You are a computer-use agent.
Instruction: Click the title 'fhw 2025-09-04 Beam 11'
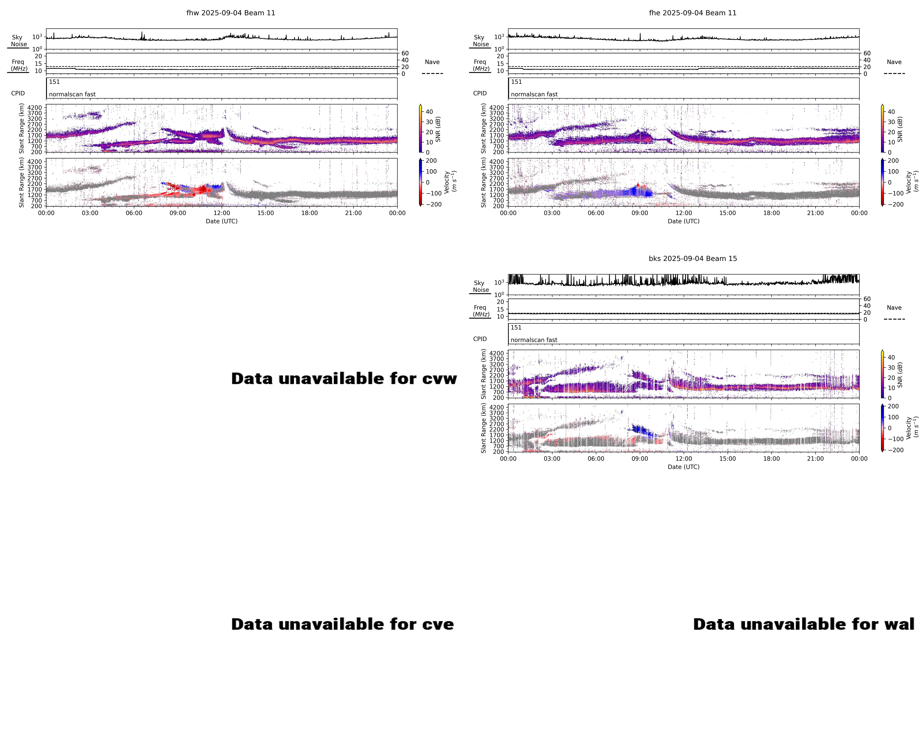coord(231,13)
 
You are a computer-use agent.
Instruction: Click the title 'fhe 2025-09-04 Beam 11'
coord(693,13)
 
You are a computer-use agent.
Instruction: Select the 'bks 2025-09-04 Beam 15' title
coord(693,258)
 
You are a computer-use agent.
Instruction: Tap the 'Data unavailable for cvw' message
coord(344,378)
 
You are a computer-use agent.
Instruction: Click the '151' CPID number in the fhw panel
coord(54,82)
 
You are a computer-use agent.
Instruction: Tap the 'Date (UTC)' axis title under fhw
coord(222,221)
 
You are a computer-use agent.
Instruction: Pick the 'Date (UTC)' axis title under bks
coord(684,467)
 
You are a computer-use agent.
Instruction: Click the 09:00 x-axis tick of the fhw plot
coord(178,213)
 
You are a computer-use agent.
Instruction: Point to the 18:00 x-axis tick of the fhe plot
coord(771,213)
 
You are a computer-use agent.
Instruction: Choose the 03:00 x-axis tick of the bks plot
coord(552,458)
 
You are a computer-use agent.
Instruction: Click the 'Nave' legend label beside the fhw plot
coord(432,62)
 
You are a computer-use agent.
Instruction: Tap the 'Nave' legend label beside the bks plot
coord(894,308)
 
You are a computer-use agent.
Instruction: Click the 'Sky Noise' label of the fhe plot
coord(480,41)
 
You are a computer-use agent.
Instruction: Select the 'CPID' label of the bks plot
coord(480,339)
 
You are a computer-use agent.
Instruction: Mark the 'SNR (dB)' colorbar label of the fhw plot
coord(438,129)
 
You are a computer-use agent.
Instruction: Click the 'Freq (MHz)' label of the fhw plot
coord(18,65)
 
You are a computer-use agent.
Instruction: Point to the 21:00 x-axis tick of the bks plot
coord(815,458)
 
